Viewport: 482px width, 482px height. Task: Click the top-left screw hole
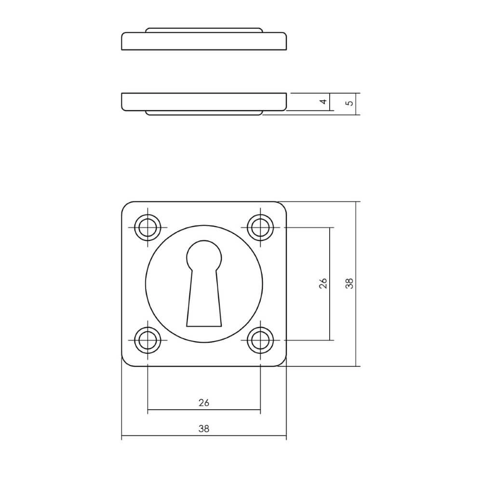(147, 227)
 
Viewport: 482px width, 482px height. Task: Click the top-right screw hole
(260, 227)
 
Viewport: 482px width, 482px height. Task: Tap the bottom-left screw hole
(147, 340)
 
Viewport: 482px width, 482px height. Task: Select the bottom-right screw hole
(260, 340)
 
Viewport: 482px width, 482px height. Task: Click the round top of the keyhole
(204, 255)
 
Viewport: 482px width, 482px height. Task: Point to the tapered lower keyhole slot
(204, 304)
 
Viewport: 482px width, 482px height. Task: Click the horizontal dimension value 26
(204, 402)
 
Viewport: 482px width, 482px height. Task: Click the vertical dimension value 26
(323, 283)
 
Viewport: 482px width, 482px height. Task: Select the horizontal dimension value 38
(204, 428)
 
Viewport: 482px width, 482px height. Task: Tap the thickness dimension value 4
(323, 102)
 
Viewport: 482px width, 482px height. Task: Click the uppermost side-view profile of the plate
(204, 41)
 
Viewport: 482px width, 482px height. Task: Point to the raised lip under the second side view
(204, 113)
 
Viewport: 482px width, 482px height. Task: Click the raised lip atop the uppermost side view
(204, 30)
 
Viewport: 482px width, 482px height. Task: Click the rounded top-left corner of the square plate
(126, 206)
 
